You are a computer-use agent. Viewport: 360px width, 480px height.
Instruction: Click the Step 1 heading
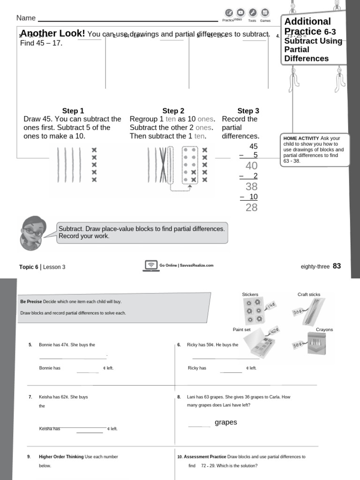(x=73, y=111)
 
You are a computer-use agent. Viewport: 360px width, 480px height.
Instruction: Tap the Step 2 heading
(x=173, y=111)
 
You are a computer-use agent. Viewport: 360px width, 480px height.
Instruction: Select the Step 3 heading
(x=248, y=111)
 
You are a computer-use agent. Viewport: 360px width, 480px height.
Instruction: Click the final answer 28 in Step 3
(x=252, y=208)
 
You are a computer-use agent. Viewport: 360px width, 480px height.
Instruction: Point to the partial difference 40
(x=252, y=166)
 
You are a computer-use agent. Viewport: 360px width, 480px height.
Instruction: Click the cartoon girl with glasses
(x=32, y=233)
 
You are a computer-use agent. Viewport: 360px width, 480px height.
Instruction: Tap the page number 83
(x=337, y=266)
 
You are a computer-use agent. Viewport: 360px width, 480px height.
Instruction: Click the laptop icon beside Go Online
(x=151, y=266)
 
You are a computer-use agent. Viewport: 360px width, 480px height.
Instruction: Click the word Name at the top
(x=26, y=18)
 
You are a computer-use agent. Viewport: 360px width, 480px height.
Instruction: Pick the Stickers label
(x=250, y=294)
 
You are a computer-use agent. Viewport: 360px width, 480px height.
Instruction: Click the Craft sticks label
(x=309, y=294)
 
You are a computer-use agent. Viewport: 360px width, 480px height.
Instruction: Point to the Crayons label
(x=324, y=330)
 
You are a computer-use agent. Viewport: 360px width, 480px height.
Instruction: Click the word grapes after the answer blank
(x=226, y=422)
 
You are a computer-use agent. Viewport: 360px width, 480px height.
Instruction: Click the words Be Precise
(x=31, y=301)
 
